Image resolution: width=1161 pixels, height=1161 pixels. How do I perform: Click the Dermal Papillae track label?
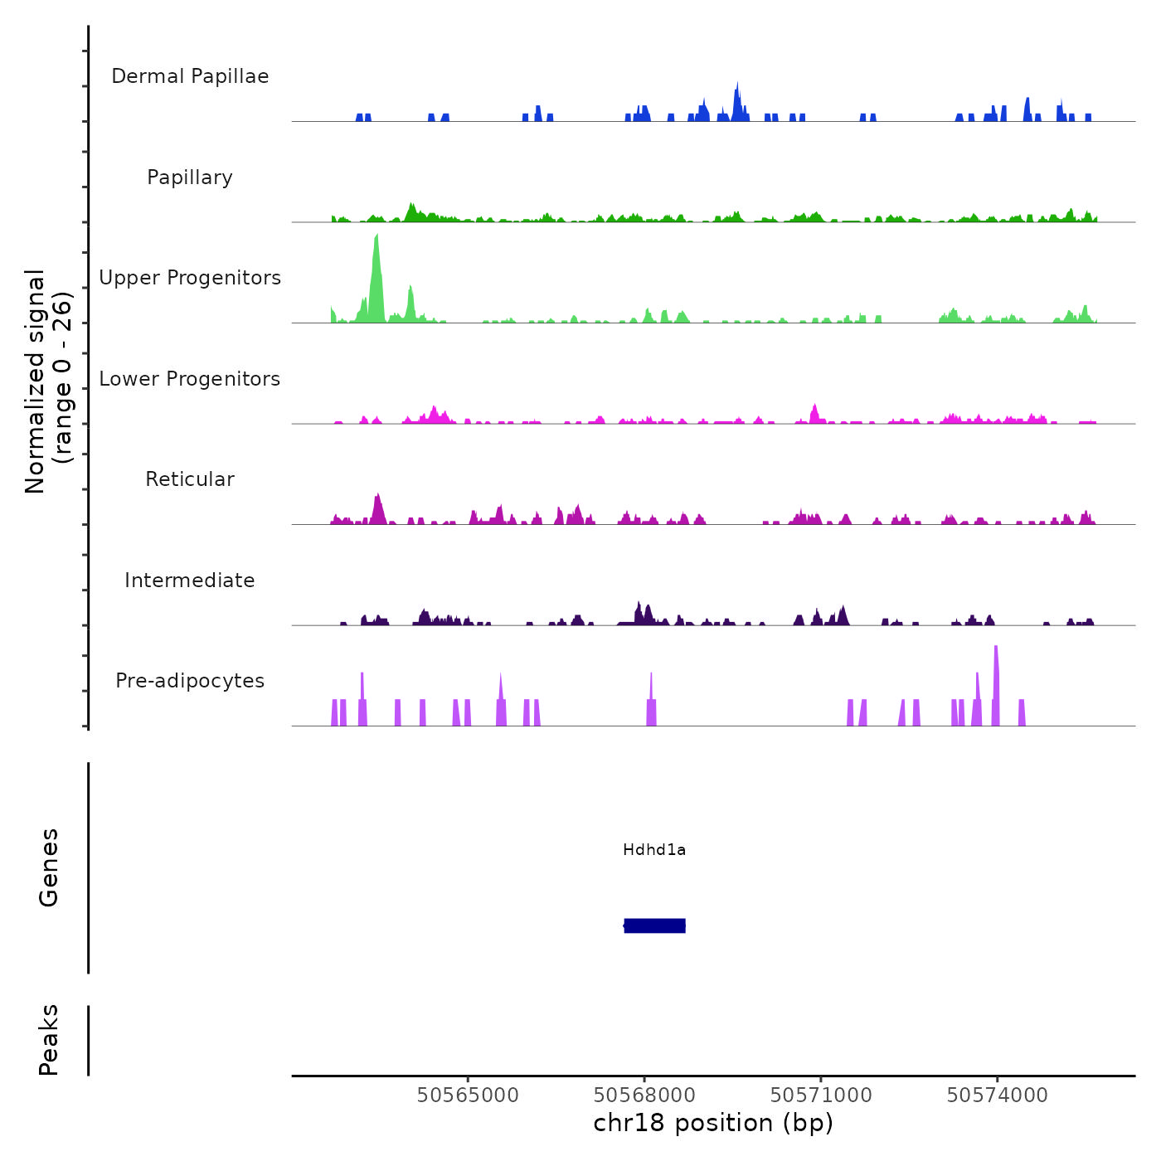click(x=190, y=76)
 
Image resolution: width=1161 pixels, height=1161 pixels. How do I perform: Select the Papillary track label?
click(x=190, y=177)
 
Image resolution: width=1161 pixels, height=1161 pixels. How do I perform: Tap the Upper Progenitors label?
click(x=190, y=278)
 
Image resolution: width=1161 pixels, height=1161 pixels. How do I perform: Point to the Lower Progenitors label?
click(x=190, y=379)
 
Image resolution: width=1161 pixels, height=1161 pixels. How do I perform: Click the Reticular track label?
click(x=190, y=479)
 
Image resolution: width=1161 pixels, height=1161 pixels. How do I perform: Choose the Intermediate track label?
click(x=190, y=580)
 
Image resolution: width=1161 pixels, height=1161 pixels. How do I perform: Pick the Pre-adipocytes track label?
click(x=190, y=681)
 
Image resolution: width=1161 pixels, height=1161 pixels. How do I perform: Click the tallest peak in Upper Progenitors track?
click(x=376, y=240)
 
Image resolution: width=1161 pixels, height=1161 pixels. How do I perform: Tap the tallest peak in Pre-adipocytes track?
click(x=995, y=649)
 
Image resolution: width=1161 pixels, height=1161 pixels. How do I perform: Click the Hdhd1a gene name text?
click(x=654, y=850)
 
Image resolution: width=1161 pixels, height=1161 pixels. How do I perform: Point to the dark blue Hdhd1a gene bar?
click(x=655, y=925)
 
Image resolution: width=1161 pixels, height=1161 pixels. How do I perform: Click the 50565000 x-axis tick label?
click(x=468, y=1095)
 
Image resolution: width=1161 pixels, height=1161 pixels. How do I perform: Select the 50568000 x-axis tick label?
click(x=644, y=1095)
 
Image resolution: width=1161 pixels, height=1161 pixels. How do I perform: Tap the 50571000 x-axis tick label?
click(x=821, y=1095)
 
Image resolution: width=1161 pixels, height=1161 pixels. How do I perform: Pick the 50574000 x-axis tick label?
click(x=998, y=1095)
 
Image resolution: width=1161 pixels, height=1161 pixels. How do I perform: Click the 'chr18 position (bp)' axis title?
click(x=713, y=1123)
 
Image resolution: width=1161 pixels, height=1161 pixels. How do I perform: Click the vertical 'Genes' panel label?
click(x=49, y=867)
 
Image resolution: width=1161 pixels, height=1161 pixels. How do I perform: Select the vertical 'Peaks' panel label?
click(x=49, y=1040)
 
